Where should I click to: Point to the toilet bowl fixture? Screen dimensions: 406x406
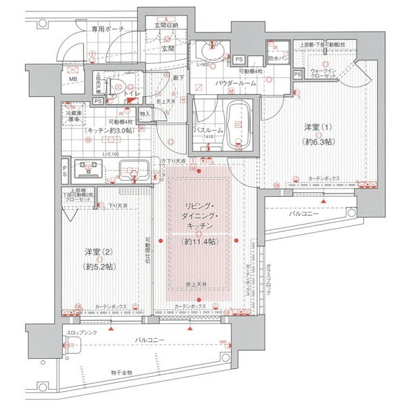(x=116, y=85)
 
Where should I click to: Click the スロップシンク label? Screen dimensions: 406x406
(x=85, y=334)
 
